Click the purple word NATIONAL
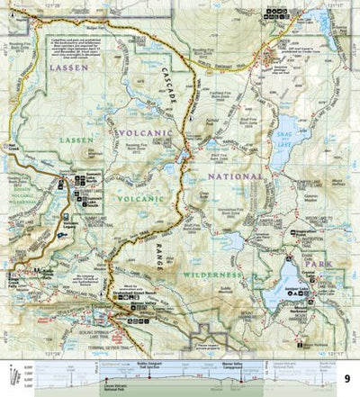pos(232,176)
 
